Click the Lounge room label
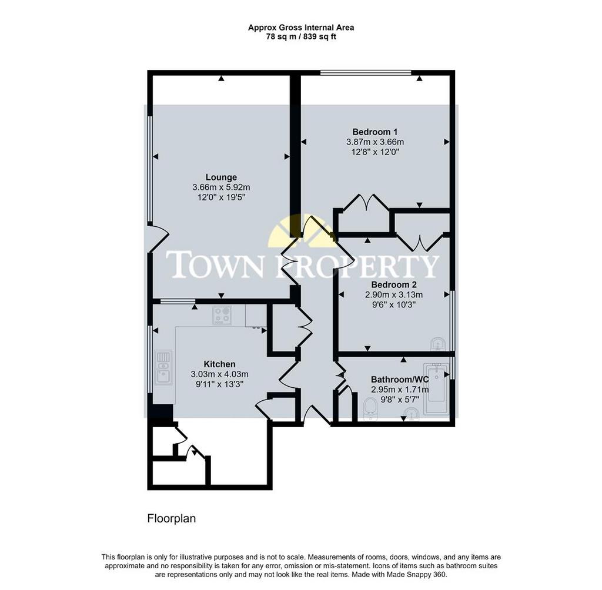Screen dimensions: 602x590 click(221, 177)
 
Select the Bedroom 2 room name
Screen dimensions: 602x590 click(394, 285)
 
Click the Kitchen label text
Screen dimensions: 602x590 click(219, 364)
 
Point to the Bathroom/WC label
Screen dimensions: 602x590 click(400, 380)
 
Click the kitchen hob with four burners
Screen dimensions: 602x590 click(222, 315)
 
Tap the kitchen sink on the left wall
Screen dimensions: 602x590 click(163, 367)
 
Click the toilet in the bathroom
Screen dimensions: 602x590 click(370, 409)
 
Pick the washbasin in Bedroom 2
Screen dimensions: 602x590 click(438, 344)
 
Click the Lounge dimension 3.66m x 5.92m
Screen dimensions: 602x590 click(221, 187)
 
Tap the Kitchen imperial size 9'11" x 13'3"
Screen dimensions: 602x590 click(219, 384)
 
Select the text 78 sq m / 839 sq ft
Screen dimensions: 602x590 click(301, 37)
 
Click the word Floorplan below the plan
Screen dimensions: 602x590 click(172, 519)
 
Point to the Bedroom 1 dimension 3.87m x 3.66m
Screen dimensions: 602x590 click(375, 142)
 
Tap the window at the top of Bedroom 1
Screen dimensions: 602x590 click(366, 72)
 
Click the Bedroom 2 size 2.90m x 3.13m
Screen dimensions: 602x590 click(394, 295)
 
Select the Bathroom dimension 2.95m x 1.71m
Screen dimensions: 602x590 click(400, 390)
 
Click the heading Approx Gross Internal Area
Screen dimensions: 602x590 click(301, 28)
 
